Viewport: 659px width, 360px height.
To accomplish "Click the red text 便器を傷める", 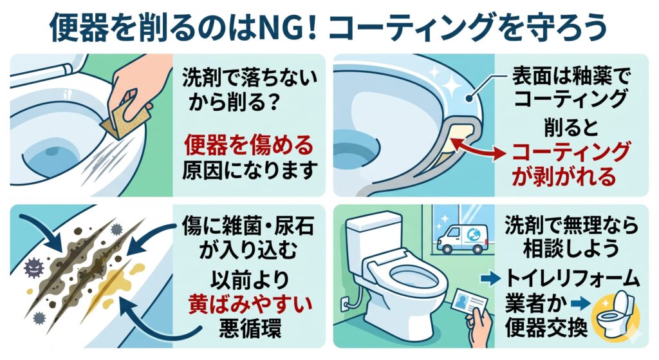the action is [249, 145].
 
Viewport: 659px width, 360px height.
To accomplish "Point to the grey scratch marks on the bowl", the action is [107, 164].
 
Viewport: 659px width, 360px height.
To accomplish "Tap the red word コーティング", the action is [571, 152].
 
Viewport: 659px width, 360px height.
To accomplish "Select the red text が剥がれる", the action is [564, 176].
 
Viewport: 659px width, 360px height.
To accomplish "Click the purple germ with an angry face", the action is [34, 268].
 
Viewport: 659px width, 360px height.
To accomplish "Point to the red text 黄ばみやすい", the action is [250, 304].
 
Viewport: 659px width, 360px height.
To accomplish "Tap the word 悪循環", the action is [250, 328].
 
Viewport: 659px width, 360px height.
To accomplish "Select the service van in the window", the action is [462, 239].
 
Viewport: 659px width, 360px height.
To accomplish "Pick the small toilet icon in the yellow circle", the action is [616, 313].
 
